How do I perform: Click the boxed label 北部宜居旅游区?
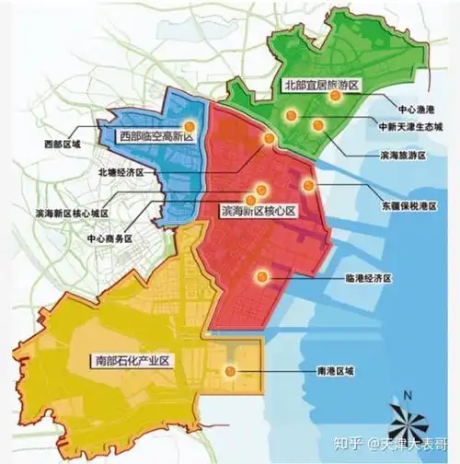[321, 84]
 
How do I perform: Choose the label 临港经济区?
[368, 276]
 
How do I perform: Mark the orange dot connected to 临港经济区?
[265, 273]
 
